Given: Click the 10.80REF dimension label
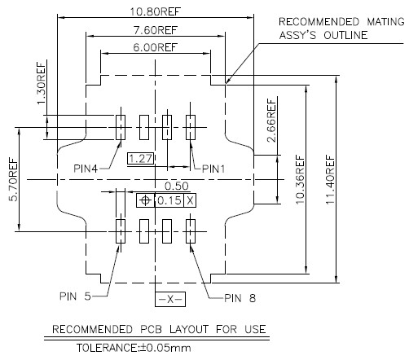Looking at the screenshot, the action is pyautogui.click(x=155, y=11).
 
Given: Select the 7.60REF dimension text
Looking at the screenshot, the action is pyautogui.click(x=156, y=30).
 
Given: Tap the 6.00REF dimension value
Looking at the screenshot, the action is pyautogui.click(x=156, y=47).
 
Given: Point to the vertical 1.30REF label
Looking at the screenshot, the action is pyautogui.click(x=41, y=83).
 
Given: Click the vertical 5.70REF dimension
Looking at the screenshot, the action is pyautogui.click(x=13, y=179).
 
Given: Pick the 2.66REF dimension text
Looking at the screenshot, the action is pyautogui.click(x=271, y=121).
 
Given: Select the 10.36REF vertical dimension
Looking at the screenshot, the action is pyautogui.click(x=300, y=180).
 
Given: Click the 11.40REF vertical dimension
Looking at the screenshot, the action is pyautogui.click(x=330, y=180).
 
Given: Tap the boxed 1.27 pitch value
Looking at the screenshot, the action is pyautogui.click(x=141, y=159).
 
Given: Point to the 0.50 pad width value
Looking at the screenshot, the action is pyautogui.click(x=177, y=187).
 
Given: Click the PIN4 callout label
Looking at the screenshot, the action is pyautogui.click(x=86, y=169).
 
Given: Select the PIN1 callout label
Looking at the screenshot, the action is pyautogui.click(x=213, y=169).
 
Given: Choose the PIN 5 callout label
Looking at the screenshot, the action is pyautogui.click(x=75, y=296).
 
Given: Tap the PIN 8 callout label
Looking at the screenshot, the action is pyautogui.click(x=240, y=298).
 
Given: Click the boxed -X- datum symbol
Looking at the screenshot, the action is pyautogui.click(x=170, y=299).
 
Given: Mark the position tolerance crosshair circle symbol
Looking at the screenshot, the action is pyautogui.click(x=146, y=200).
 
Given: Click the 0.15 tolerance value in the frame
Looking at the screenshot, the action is pyautogui.click(x=169, y=200).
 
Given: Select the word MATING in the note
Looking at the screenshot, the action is pyautogui.click(x=385, y=21).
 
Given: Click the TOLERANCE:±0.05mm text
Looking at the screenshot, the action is pyautogui.click(x=134, y=348).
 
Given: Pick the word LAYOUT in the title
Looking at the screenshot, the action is pyautogui.click(x=189, y=329).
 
